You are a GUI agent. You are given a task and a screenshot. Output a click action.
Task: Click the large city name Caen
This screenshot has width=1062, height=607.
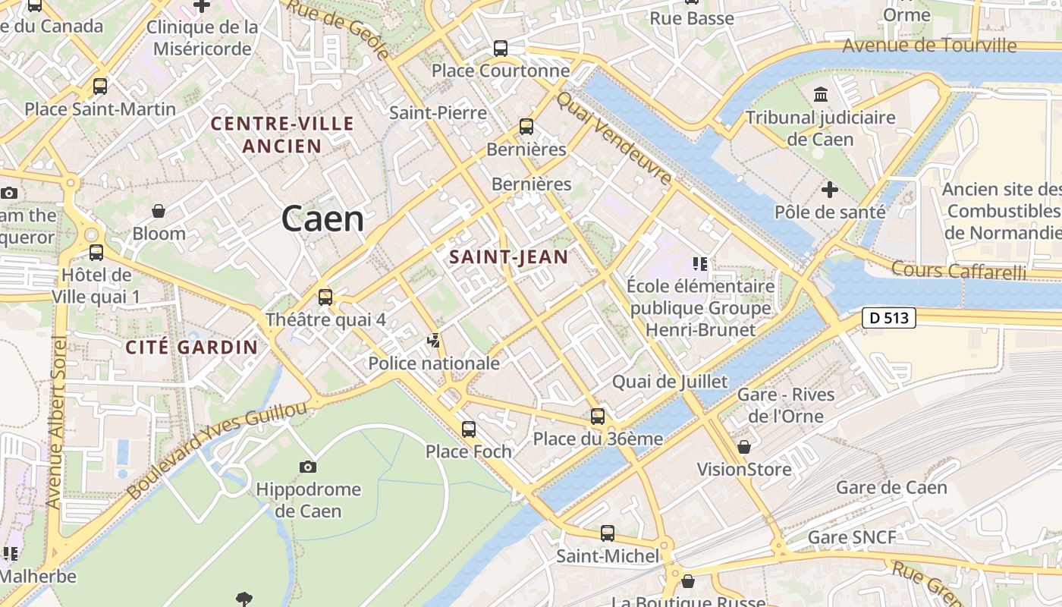point(322,219)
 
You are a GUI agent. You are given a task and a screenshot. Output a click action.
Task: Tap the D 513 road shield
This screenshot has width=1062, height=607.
point(889,318)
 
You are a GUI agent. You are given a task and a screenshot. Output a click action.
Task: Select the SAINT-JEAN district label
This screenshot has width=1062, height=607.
point(508,257)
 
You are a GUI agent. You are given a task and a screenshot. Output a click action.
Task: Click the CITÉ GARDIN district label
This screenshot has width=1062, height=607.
point(192,348)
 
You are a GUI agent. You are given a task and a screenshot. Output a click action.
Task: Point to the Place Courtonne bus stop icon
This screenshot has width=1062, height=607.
point(501,49)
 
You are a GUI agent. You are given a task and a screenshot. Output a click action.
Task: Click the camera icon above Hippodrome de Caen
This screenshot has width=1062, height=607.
point(307,467)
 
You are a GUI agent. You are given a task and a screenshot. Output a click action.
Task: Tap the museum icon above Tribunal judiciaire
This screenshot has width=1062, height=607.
point(820,95)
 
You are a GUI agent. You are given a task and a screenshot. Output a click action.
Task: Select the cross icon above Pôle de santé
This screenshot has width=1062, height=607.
point(830,189)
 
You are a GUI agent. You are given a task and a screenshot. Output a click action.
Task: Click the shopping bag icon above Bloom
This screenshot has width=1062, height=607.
point(159,210)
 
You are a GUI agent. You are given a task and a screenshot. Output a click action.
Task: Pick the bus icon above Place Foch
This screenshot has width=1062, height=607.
point(469,429)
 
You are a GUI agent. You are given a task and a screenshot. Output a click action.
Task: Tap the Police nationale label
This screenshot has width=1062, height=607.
point(434,363)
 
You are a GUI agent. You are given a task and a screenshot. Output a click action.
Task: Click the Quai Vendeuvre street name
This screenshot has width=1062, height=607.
point(614,138)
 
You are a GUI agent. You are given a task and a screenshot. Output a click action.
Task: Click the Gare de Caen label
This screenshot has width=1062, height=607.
point(891,487)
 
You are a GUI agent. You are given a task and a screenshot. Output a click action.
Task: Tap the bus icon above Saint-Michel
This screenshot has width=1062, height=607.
point(608,533)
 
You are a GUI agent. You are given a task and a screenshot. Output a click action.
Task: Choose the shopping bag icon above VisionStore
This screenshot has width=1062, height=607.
point(744,447)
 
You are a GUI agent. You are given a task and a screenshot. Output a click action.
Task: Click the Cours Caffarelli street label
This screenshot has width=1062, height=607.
point(958,270)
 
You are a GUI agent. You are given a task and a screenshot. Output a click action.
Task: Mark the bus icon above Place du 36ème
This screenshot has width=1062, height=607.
point(598,416)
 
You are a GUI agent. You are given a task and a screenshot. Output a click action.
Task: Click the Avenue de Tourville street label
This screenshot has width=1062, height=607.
point(929,46)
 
